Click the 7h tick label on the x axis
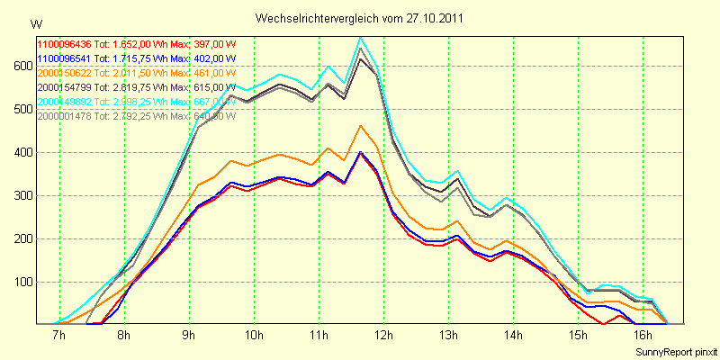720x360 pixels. click(x=59, y=336)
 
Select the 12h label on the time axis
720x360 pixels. click(x=384, y=336)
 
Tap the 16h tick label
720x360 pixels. click(x=643, y=336)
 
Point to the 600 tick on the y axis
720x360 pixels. click(x=21, y=67)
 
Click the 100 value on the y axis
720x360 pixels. click(x=21, y=282)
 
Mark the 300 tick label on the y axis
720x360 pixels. click(x=21, y=195)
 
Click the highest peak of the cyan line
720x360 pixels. click(x=360, y=38)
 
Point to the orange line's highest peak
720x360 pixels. click(x=360, y=126)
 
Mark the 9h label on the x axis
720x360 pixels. click(x=189, y=336)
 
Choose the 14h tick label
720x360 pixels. click(x=514, y=336)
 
